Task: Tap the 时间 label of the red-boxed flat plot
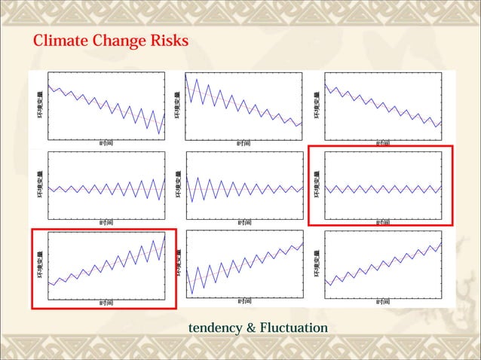click(382, 222)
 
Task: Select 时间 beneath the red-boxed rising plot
click(106, 302)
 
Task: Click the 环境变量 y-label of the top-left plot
click(41, 105)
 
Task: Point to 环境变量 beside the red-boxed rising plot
click(41, 265)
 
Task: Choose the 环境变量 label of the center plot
click(179, 185)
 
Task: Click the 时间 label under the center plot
click(244, 222)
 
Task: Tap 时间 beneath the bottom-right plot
click(382, 302)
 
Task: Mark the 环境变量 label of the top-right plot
click(317, 105)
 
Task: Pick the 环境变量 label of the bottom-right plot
click(317, 265)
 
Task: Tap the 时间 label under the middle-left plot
click(106, 222)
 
